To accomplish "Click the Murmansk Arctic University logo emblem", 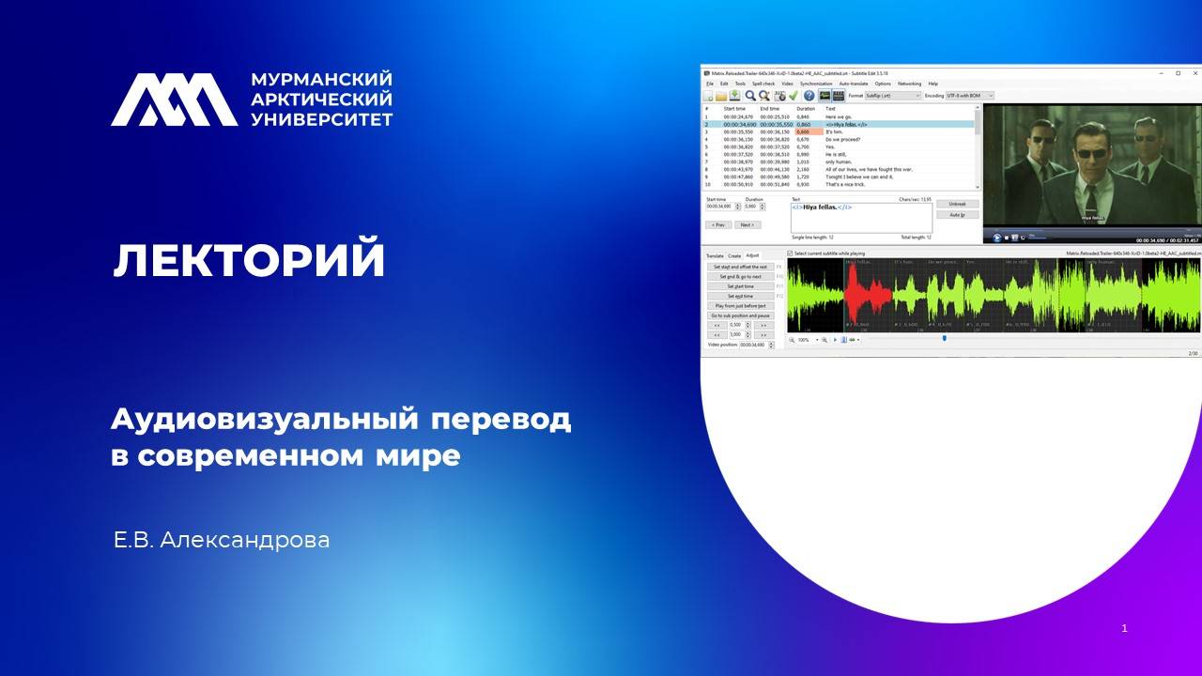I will tap(174, 100).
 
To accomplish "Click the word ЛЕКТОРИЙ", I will tap(249, 260).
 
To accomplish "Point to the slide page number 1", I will tap(1124, 627).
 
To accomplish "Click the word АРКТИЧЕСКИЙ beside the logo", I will tap(321, 100).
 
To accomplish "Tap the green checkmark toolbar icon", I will tap(794, 96).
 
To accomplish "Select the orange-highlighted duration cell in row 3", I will tap(803, 132).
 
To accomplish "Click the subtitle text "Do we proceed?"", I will tap(842, 140).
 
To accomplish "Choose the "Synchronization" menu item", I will tap(816, 84).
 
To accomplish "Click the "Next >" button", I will tap(747, 225).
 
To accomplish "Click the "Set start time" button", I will tap(740, 286).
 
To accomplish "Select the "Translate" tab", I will tap(715, 255).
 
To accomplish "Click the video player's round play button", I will tap(996, 238).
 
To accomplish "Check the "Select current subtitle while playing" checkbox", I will tap(790, 253).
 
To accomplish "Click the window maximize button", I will tap(1178, 72).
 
